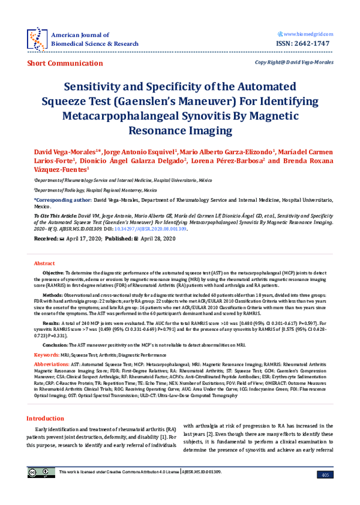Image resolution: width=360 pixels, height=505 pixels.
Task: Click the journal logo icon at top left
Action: click(x=37, y=37)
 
